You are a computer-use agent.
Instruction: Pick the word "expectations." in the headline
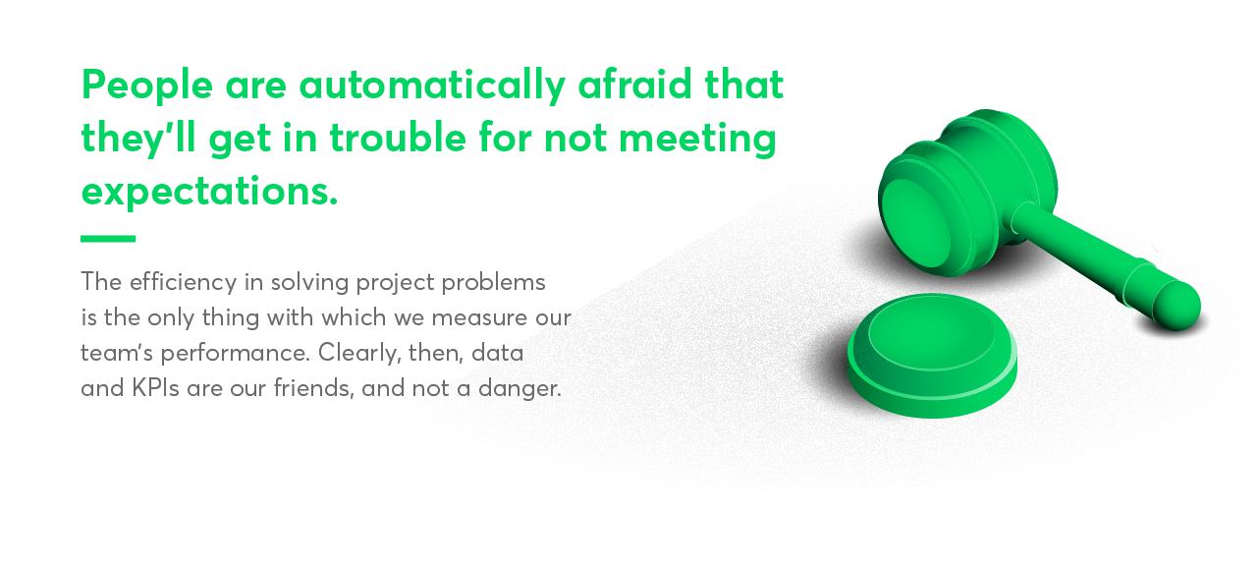pos(209,191)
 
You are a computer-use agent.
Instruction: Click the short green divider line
pos(108,238)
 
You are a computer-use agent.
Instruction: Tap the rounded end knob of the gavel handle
pos(1176,305)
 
